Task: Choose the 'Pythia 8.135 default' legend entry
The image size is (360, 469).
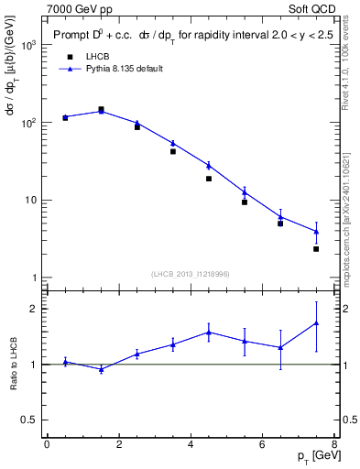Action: coord(124,68)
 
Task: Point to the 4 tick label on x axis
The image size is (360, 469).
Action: coord(191,445)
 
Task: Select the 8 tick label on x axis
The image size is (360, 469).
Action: coord(334,445)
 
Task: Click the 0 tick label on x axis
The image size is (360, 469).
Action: coord(47,445)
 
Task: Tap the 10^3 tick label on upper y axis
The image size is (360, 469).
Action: coord(29,44)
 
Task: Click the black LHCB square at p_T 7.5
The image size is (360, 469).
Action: coord(316,248)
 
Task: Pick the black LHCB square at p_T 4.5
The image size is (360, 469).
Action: coord(209,179)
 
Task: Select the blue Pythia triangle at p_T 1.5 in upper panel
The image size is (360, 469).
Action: coord(101,111)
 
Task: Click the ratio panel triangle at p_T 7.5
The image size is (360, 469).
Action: coord(316,322)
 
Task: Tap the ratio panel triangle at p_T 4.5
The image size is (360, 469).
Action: coord(209,333)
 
